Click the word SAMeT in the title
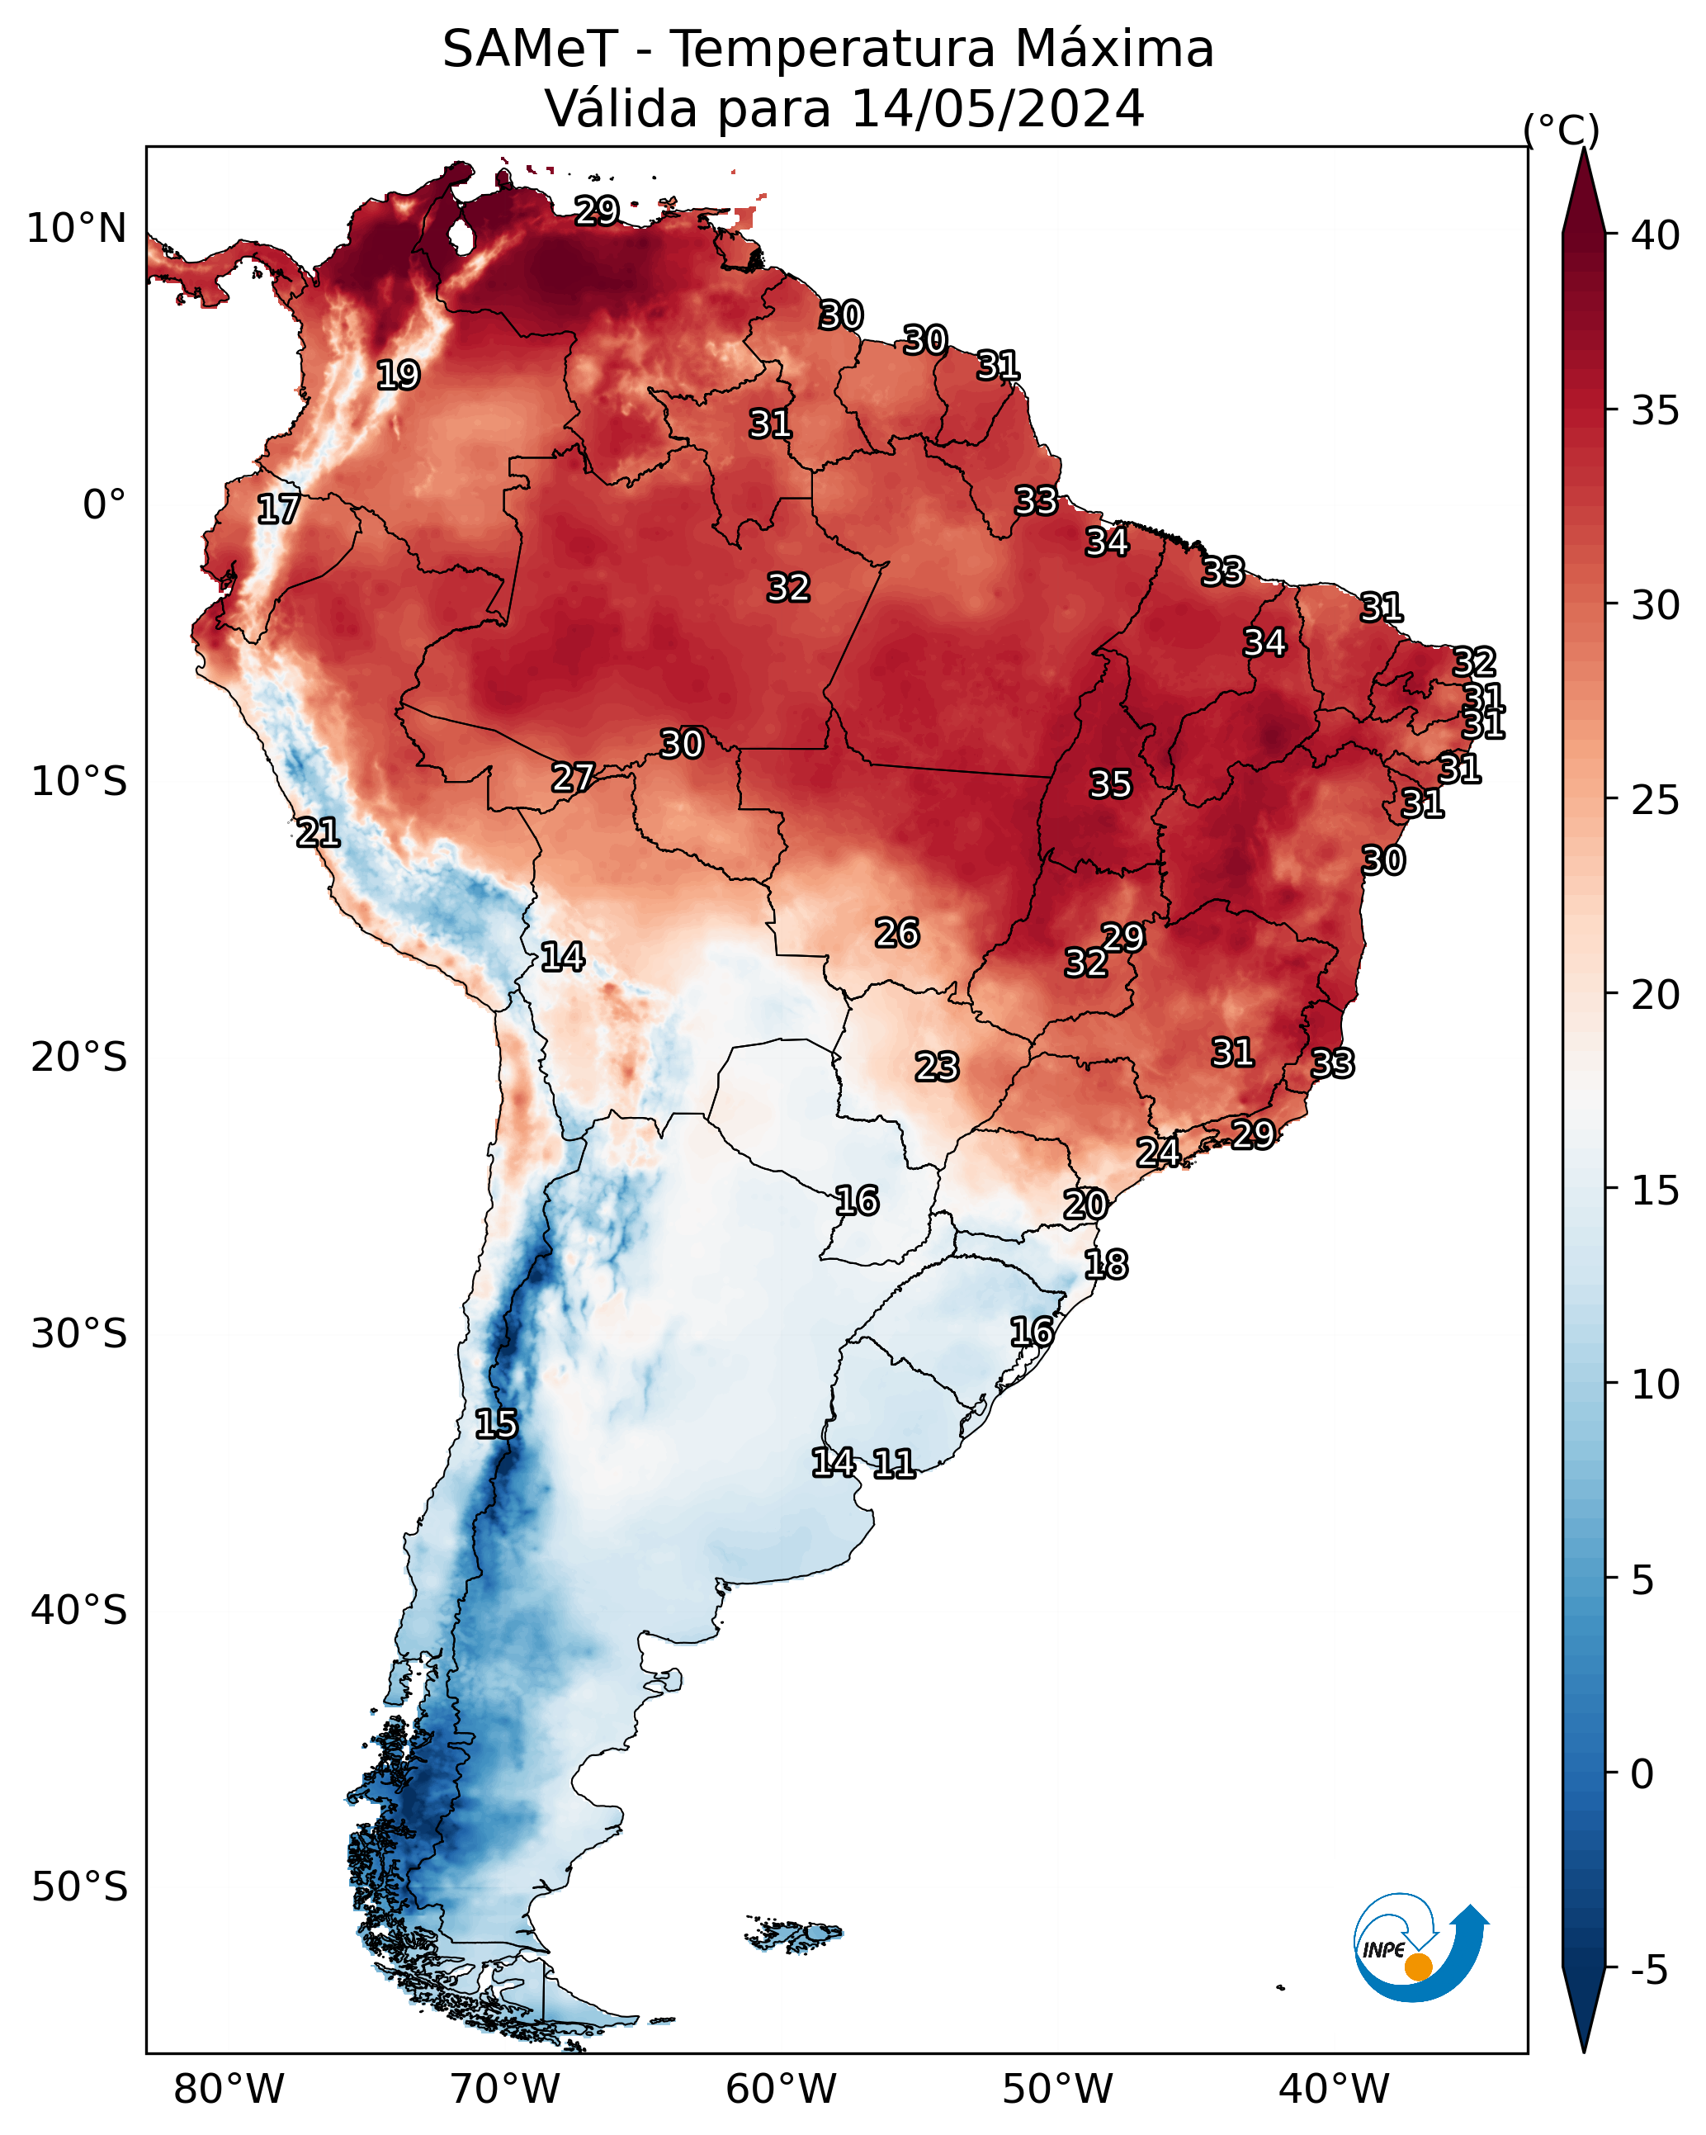point(530,50)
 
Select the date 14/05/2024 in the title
point(997,109)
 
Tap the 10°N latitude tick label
point(76,229)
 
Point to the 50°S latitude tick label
point(79,1887)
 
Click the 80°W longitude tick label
point(229,2090)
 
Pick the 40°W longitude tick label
point(1334,2090)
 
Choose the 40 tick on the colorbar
point(1656,235)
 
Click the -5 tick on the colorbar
point(1648,1971)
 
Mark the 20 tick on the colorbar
point(1656,995)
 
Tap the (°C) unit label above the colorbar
point(1562,130)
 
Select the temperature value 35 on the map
point(1110,784)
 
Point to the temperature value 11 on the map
point(894,1464)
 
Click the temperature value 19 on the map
point(398,376)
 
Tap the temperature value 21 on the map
point(318,833)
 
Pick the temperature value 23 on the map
point(937,1067)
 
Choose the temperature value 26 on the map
point(897,933)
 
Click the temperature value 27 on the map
point(574,779)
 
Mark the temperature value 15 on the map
point(496,1424)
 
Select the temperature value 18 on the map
point(1106,1265)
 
